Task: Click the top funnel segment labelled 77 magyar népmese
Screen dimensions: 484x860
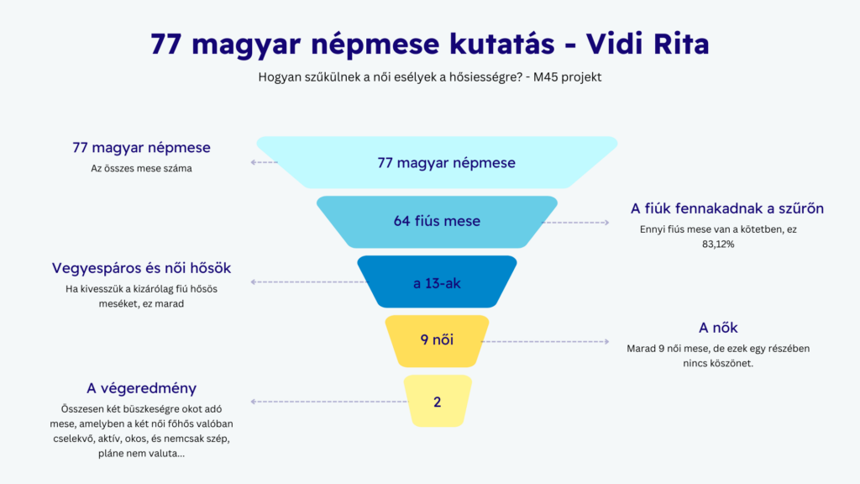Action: (437, 162)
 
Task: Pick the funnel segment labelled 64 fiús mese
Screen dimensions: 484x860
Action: (437, 222)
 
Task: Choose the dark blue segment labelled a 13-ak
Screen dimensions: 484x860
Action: (437, 282)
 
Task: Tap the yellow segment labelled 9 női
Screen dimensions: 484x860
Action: (437, 341)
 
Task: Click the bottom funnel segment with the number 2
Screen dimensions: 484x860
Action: (437, 401)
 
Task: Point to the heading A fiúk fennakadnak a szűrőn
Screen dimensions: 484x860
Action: (726, 208)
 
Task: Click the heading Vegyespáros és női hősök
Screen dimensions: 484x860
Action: (141, 268)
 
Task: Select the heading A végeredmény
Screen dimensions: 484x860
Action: (141, 388)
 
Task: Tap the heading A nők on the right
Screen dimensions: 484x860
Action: (718, 328)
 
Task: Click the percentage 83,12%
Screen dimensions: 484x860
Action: (718, 244)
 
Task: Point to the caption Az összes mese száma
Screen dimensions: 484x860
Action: (141, 168)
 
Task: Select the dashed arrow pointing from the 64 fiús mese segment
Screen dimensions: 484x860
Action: (578, 223)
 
